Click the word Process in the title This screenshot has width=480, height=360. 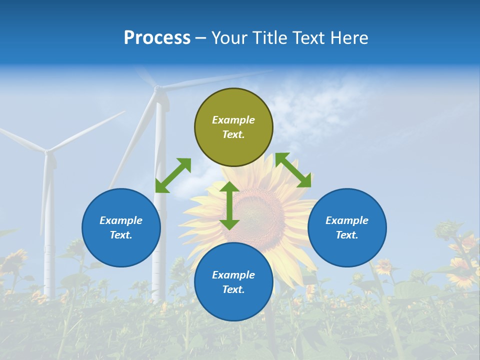[157, 38]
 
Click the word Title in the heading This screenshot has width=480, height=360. [270, 38]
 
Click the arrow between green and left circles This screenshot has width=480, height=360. [173, 175]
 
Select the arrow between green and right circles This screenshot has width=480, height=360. [293, 170]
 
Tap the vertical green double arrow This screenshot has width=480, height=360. [229, 205]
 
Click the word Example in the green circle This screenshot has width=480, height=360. [233, 120]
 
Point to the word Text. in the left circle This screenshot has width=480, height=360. [121, 235]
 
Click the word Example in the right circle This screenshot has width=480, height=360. [347, 220]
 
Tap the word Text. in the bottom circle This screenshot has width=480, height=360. [233, 289]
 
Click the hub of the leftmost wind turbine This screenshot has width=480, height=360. [48, 151]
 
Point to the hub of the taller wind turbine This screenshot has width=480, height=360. [158, 89]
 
